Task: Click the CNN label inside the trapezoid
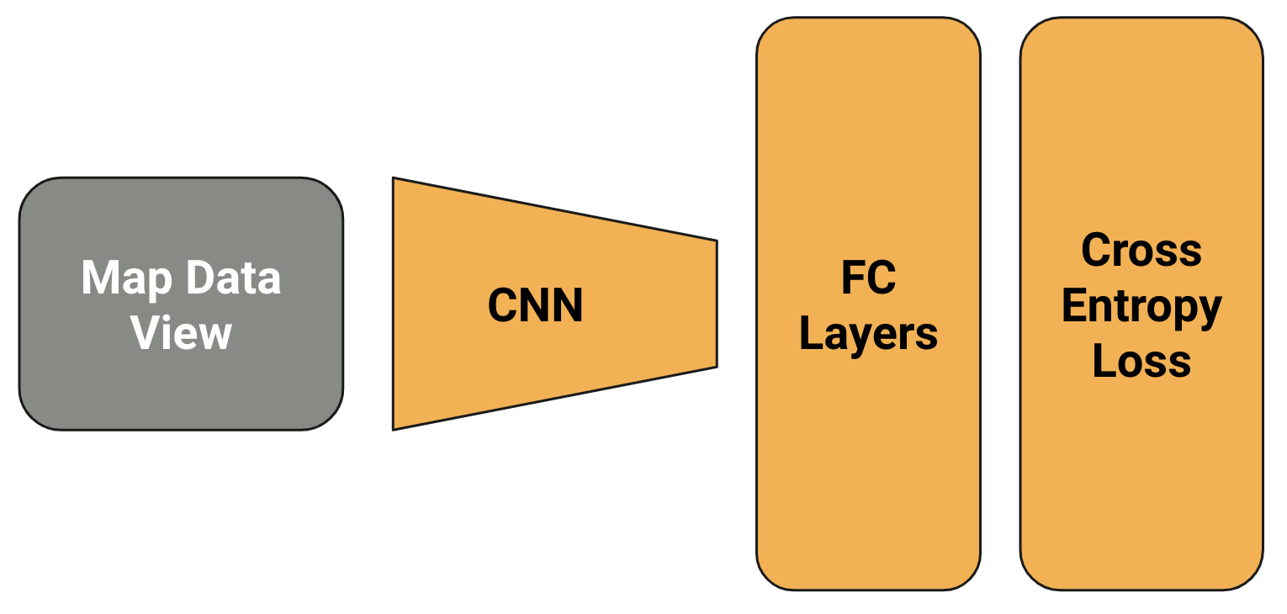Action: pyautogui.click(x=535, y=305)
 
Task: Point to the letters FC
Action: pyautogui.click(x=868, y=278)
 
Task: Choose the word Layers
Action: pyautogui.click(x=868, y=334)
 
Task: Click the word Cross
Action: pyautogui.click(x=1141, y=250)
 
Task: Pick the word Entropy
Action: pyautogui.click(x=1141, y=308)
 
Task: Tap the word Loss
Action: pyautogui.click(x=1141, y=362)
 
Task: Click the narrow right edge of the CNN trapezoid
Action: pyautogui.click(x=716, y=304)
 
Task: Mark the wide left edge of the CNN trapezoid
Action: pyautogui.click(x=394, y=304)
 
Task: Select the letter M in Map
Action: pyautogui.click(x=98, y=278)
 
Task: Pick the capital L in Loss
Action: pyautogui.click(x=1103, y=362)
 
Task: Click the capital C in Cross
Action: pyautogui.click(x=1094, y=250)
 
